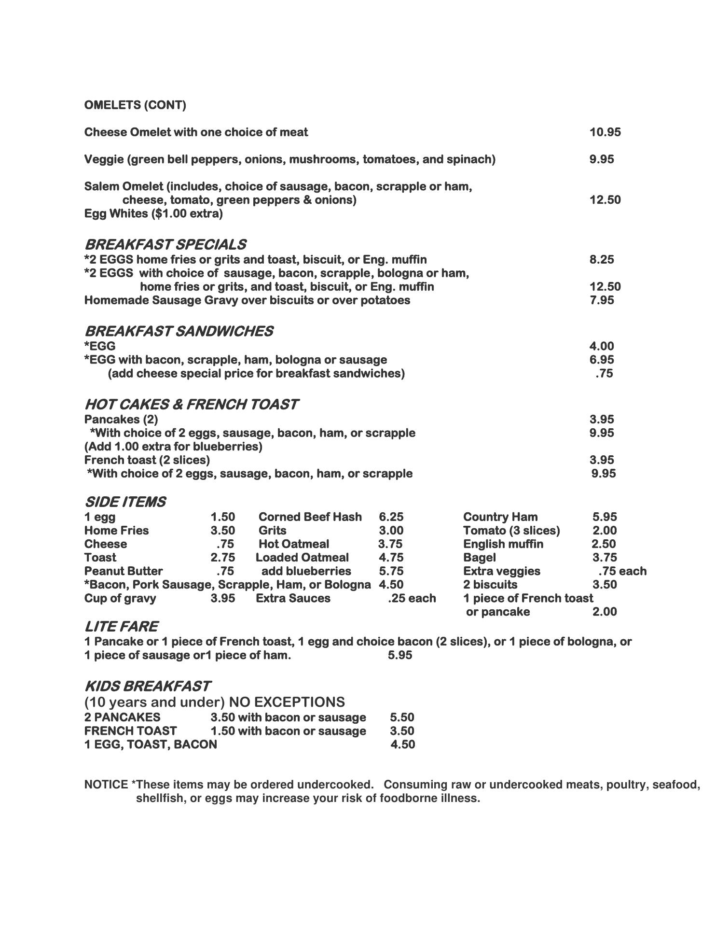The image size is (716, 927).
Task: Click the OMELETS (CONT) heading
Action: tap(135, 105)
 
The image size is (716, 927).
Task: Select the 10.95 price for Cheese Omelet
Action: tap(605, 132)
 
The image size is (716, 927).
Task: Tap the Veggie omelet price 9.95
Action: tap(601, 159)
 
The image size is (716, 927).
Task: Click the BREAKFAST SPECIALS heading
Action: tap(165, 244)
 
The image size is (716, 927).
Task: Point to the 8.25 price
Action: tap(601, 260)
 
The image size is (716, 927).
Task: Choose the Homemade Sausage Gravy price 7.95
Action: tap(601, 300)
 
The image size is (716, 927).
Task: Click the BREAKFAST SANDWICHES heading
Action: tap(179, 331)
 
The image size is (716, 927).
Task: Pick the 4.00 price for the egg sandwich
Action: tap(601, 346)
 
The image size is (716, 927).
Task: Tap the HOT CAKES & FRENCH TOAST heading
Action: tap(191, 404)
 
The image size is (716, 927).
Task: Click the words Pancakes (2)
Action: tap(121, 419)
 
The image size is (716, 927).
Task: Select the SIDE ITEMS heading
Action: tap(125, 502)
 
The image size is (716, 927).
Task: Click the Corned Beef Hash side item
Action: tap(310, 517)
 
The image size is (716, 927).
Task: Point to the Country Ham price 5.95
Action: tap(605, 517)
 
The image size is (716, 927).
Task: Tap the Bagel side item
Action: tap(479, 558)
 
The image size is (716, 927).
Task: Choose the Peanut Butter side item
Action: tap(124, 571)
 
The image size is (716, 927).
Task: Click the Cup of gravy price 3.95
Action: tap(222, 598)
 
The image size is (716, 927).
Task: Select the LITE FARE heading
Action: tap(121, 627)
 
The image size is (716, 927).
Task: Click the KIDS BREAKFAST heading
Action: tap(147, 686)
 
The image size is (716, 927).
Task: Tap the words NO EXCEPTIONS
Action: tap(287, 702)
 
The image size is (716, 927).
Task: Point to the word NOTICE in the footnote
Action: tap(106, 785)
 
